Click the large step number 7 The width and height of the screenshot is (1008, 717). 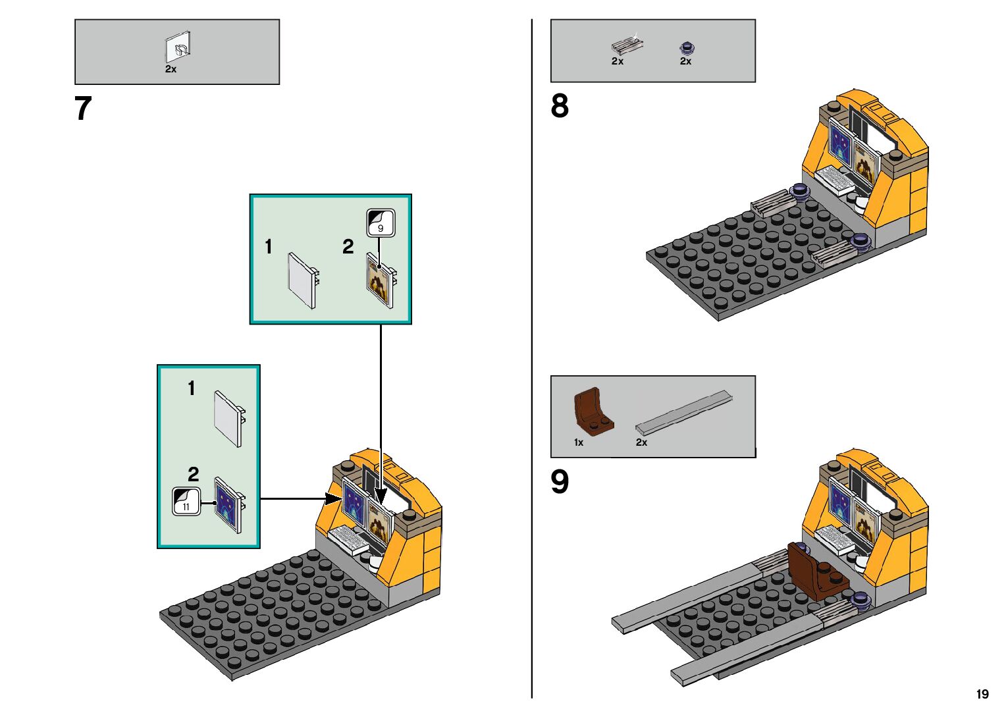point(83,109)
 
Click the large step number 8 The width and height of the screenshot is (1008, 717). point(560,106)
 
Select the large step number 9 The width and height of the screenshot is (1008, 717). point(560,482)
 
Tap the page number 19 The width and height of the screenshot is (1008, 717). point(982,694)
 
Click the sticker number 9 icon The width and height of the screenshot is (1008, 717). point(380,223)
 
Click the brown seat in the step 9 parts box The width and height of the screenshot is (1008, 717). point(593,412)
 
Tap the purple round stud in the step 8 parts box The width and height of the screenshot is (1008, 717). point(687,47)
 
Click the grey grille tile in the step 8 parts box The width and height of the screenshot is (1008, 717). point(626,45)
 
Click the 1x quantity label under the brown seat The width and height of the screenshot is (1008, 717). point(579,442)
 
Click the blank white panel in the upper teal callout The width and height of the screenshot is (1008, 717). point(304,280)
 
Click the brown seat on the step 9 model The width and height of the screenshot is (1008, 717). point(812,571)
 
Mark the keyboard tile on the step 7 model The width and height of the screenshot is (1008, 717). point(348,540)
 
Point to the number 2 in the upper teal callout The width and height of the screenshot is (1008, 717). point(348,247)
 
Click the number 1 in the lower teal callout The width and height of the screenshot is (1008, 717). point(192,388)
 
